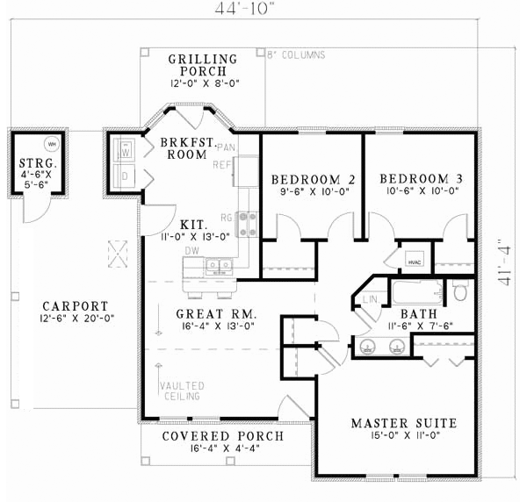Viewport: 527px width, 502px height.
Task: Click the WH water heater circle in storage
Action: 51,143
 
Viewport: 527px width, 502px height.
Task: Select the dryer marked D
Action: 124,176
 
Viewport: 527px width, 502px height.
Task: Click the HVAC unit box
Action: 414,261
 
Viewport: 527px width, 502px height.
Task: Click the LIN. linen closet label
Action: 370,301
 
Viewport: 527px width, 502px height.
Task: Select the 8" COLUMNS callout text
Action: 296,54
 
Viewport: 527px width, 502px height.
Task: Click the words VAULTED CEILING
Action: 182,391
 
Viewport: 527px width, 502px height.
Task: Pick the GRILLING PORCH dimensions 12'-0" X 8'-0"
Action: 204,83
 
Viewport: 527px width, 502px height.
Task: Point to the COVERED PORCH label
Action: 223,436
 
